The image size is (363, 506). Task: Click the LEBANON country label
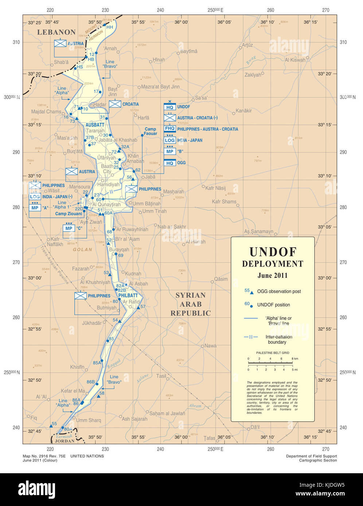tap(56, 32)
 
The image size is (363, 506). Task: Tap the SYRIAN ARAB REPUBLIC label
tap(191, 304)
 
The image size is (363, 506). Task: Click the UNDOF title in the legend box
tap(273, 252)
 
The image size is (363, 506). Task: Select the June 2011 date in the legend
tap(273, 276)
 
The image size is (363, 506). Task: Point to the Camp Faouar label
tap(150, 131)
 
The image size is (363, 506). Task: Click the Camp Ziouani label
tap(69, 214)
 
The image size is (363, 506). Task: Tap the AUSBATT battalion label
tap(95, 125)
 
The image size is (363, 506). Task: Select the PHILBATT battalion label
tap(128, 296)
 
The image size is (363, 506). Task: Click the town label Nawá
tap(210, 346)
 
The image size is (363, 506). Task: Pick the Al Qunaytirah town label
tap(106, 205)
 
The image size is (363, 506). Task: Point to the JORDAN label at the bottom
tap(65, 441)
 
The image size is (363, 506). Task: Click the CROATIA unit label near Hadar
tap(130, 104)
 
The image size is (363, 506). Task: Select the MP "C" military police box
tap(69, 229)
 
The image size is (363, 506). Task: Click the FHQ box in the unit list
tap(170, 129)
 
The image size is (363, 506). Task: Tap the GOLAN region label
tap(82, 250)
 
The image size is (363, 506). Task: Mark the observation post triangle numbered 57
tap(138, 308)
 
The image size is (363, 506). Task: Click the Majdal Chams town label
tap(46, 112)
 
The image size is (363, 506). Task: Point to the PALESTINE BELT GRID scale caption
tap(273, 353)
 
